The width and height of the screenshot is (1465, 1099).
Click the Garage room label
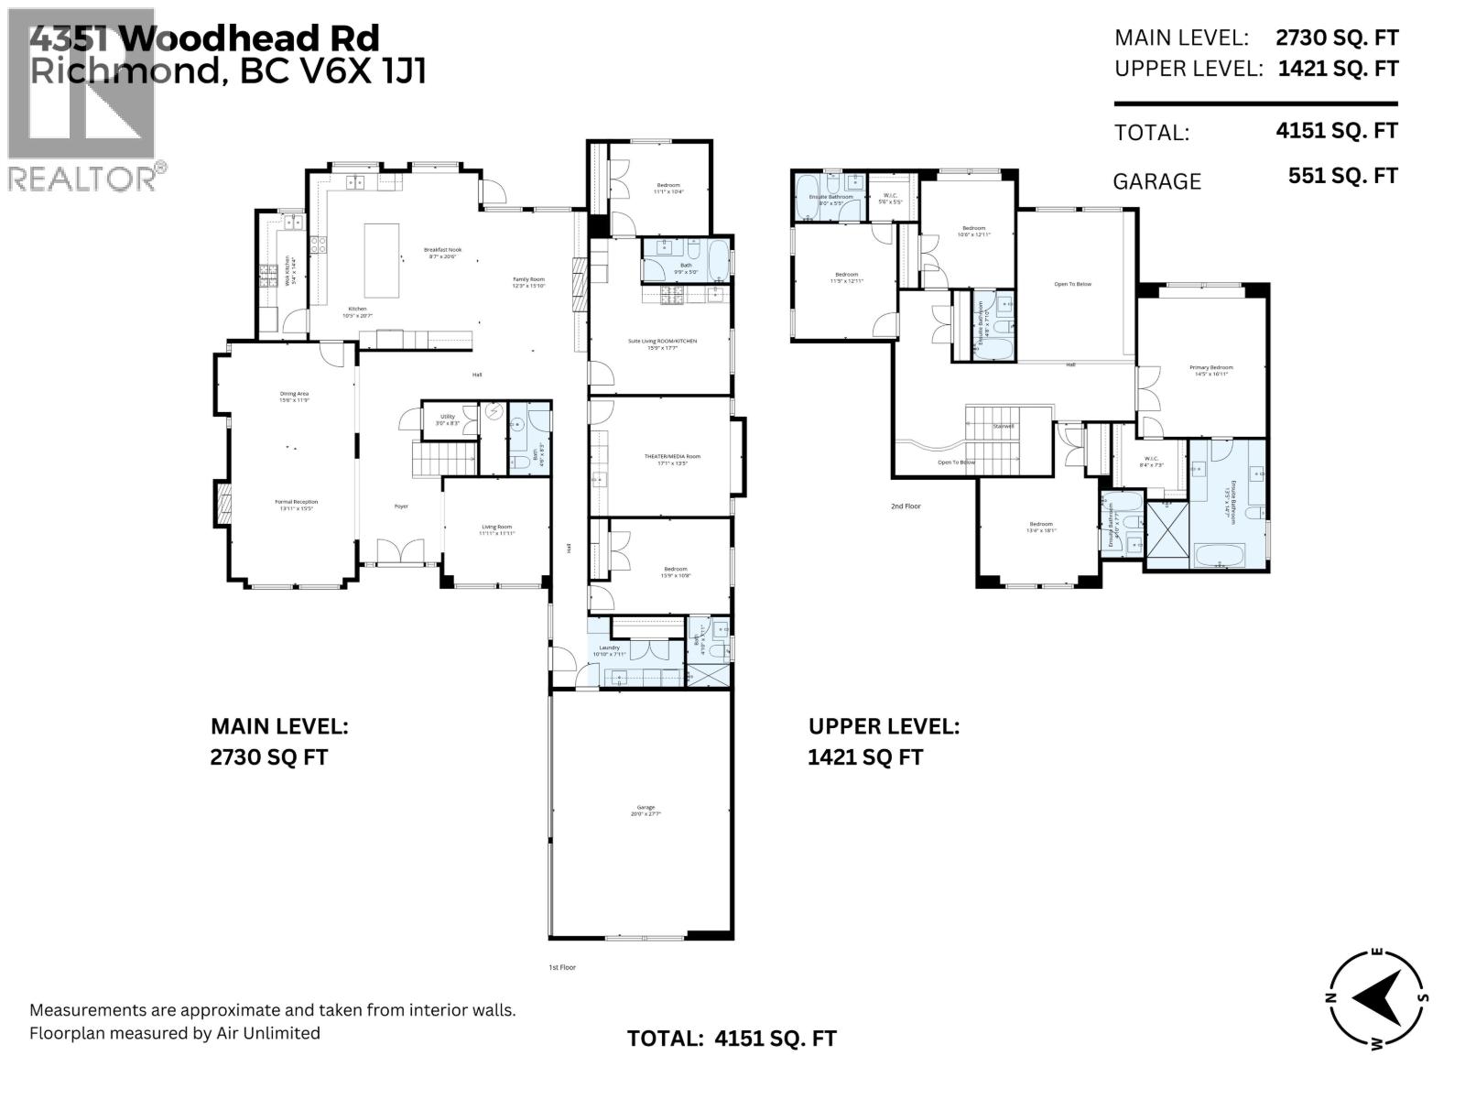click(x=642, y=808)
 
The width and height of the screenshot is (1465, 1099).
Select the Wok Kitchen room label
click(x=288, y=272)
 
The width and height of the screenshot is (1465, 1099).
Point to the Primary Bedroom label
click(x=1210, y=368)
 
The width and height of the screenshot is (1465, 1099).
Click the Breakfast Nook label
click(x=442, y=250)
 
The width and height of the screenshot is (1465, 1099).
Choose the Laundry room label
click(x=609, y=647)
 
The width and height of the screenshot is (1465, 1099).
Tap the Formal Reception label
click(x=298, y=502)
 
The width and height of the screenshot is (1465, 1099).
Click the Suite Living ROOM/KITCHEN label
click(x=662, y=341)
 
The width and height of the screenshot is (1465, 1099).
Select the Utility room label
click(x=447, y=417)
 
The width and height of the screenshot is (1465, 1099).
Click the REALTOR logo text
click(x=82, y=178)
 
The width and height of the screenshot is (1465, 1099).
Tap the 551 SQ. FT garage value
click(x=1342, y=176)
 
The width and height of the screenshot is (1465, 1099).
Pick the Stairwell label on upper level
click(x=1004, y=427)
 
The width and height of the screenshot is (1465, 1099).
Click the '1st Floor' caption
click(x=562, y=967)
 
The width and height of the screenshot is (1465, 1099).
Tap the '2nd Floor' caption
click(x=906, y=506)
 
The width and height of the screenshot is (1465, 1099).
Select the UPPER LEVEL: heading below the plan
click(x=884, y=726)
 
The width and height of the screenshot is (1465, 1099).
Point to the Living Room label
click(x=496, y=527)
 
